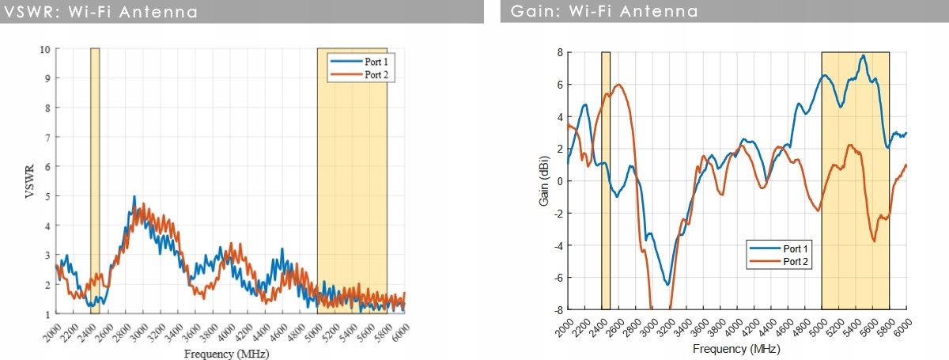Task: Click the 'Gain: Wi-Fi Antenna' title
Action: [x=593, y=12]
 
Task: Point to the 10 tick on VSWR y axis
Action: [x=45, y=49]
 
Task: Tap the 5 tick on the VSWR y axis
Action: [x=47, y=196]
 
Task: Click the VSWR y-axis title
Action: [x=30, y=181]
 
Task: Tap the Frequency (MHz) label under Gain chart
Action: [x=736, y=348]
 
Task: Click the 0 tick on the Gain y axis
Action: [x=559, y=181]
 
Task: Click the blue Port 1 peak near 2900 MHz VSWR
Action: [x=134, y=197]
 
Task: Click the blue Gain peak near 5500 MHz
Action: [x=864, y=55]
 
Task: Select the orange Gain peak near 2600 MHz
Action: [x=618, y=85]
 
